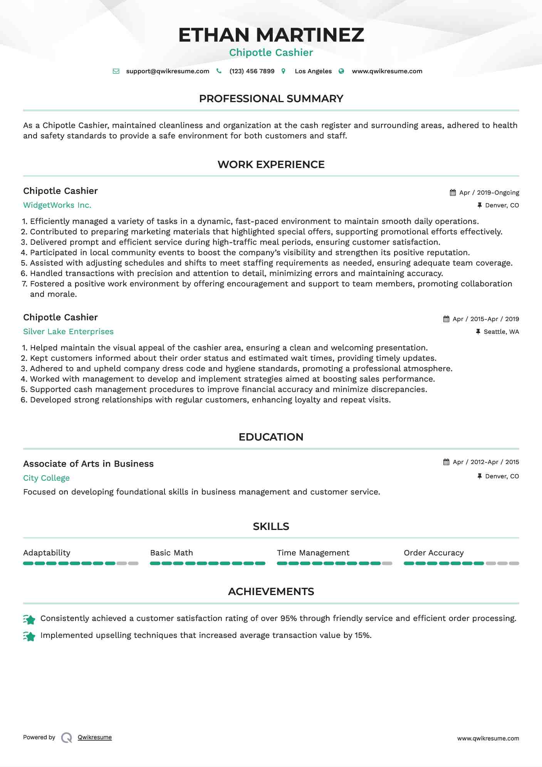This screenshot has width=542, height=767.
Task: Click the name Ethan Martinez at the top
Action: (x=271, y=35)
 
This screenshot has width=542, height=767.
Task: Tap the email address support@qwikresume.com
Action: (x=168, y=71)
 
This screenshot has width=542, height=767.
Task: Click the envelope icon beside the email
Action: (x=116, y=71)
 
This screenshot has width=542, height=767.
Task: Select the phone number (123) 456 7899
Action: (x=252, y=71)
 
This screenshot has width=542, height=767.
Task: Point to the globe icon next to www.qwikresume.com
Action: (x=341, y=71)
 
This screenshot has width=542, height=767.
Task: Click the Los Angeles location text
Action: (x=313, y=71)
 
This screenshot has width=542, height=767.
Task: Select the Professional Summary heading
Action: (x=271, y=99)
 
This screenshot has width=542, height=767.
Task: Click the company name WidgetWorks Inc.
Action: (x=57, y=205)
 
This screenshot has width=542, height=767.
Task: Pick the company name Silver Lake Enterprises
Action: (x=68, y=331)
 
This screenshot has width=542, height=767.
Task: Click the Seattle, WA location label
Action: (x=501, y=332)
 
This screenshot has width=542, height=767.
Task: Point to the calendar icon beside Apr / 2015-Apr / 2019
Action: (x=446, y=319)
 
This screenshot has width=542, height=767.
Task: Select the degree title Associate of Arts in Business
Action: (x=88, y=464)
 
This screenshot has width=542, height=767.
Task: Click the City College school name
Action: (x=46, y=478)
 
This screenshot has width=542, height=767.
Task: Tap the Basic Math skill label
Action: (x=171, y=553)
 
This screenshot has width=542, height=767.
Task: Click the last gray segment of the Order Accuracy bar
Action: (x=514, y=563)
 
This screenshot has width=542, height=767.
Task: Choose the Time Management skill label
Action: (x=313, y=553)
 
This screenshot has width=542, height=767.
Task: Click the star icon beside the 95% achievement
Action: (x=29, y=619)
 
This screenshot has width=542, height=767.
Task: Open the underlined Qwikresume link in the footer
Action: (x=95, y=737)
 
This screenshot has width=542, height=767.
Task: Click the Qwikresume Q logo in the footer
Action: (x=67, y=738)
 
